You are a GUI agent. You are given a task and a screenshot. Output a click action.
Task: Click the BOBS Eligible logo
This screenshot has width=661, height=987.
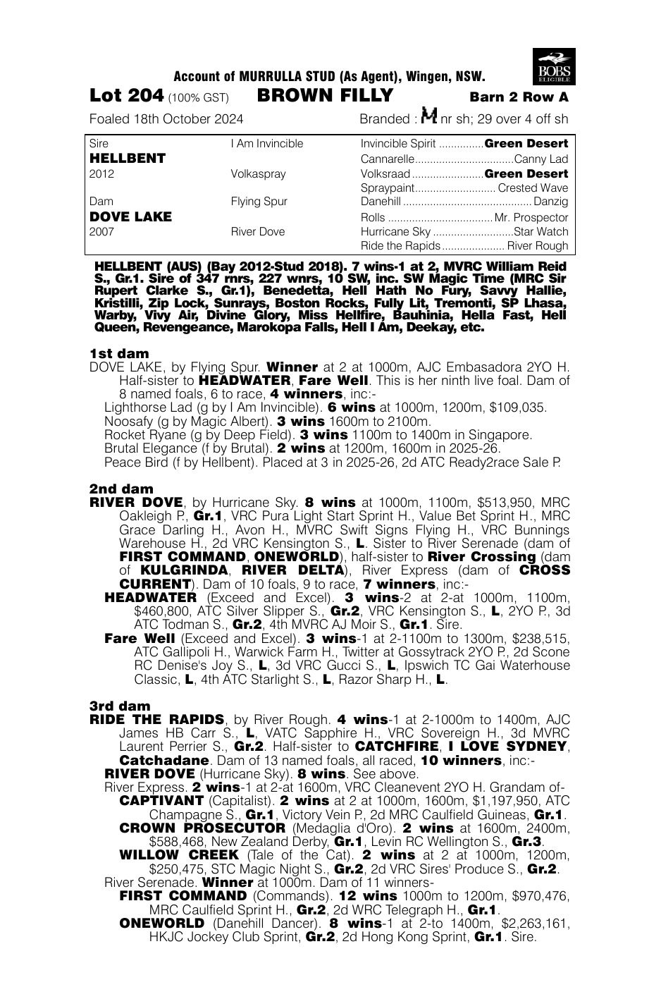(x=555, y=66)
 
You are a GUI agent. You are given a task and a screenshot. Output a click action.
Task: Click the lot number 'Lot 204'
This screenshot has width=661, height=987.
(x=127, y=96)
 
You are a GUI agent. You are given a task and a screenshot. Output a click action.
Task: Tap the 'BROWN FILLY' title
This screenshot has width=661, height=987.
(x=326, y=96)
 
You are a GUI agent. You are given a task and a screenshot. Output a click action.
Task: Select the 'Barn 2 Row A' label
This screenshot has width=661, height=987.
(x=519, y=97)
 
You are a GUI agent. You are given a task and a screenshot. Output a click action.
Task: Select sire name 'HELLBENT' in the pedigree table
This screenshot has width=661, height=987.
(x=128, y=159)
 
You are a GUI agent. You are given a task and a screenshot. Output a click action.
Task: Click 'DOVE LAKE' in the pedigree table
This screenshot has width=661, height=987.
(x=130, y=216)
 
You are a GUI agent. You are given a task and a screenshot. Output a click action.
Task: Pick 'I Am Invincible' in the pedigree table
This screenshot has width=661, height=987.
(x=266, y=144)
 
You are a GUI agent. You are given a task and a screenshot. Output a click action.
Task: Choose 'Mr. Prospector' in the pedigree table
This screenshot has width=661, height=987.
(x=531, y=217)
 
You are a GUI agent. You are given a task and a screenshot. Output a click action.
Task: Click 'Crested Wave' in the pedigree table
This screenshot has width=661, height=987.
(x=533, y=188)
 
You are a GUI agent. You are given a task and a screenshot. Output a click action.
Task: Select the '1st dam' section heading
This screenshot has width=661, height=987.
(x=119, y=353)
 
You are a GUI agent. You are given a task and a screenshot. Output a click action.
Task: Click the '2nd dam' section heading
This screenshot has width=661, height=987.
(x=121, y=489)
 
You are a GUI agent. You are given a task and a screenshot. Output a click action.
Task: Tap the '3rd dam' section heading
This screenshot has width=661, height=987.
(x=120, y=706)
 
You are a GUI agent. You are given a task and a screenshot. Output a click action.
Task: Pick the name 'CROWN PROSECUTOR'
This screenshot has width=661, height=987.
(x=202, y=828)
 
